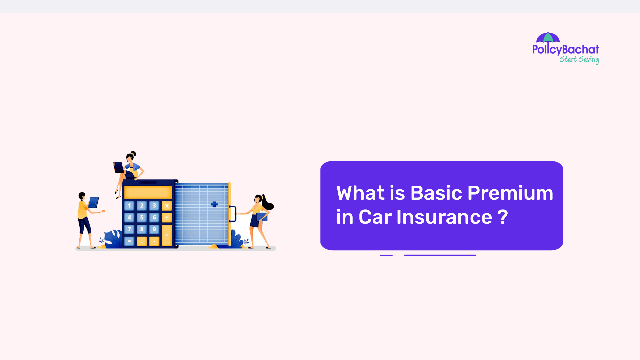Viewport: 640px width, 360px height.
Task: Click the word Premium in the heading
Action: tap(510, 193)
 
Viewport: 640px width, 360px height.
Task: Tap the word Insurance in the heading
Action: tap(444, 217)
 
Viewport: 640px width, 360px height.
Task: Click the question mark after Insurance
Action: tap(503, 217)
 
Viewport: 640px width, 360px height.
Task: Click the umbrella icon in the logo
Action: tap(548, 37)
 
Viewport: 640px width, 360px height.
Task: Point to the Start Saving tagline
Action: tap(579, 59)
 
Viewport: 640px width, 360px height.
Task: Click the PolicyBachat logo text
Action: tap(565, 49)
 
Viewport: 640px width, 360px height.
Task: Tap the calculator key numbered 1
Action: tap(129, 206)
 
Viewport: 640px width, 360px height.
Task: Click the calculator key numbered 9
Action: tap(154, 229)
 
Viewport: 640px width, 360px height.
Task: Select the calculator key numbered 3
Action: tap(154, 206)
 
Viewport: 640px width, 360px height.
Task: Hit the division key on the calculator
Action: tap(167, 218)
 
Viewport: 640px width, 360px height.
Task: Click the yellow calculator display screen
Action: tap(148, 192)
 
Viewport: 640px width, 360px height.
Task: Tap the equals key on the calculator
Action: tap(129, 241)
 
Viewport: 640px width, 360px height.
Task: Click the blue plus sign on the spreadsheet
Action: tap(214, 204)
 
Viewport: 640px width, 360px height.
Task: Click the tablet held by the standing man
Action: tap(94, 202)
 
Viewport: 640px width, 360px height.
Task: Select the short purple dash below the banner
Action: tap(386, 255)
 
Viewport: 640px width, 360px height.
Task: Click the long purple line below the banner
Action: tap(440, 255)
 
